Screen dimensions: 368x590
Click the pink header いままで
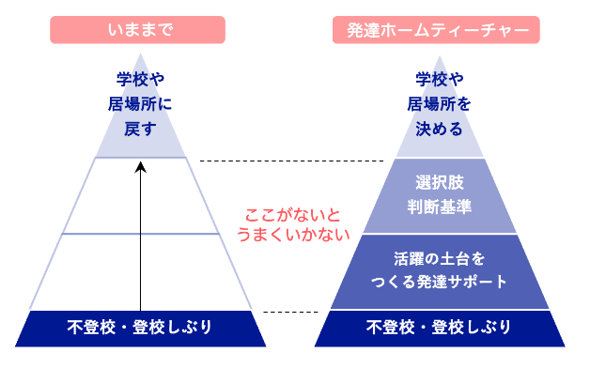[140, 30]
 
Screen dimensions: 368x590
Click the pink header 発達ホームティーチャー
[438, 30]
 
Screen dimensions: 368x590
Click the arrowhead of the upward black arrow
[140, 167]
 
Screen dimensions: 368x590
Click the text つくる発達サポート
[438, 281]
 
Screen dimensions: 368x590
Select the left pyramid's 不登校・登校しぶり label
[140, 328]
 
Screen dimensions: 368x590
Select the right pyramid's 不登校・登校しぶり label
[438, 328]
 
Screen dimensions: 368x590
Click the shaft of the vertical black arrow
[140, 244]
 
